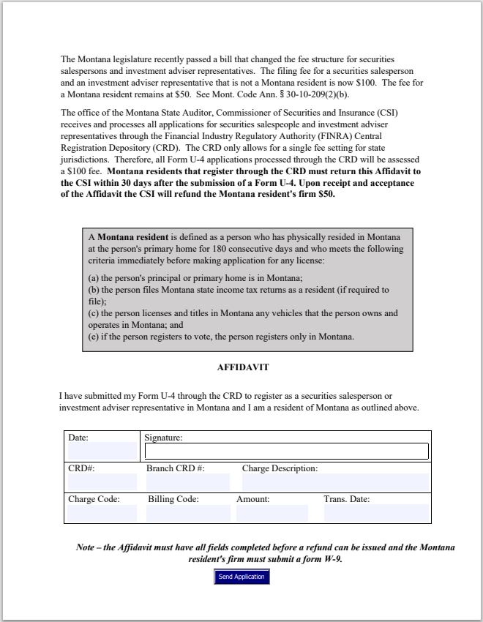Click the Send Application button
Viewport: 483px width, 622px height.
[241, 577]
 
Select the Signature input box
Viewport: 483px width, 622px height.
[286, 451]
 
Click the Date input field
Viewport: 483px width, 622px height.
[102, 451]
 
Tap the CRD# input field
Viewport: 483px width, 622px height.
[102, 482]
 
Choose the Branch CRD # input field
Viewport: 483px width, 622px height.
[187, 482]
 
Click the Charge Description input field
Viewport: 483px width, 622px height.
[334, 482]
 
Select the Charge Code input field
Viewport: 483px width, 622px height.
[102, 513]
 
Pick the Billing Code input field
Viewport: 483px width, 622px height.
[187, 513]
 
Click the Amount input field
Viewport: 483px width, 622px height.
[272, 513]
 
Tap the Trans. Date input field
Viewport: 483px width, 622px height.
[375, 513]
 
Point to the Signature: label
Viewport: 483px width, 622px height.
[163, 438]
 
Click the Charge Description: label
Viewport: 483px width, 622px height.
[280, 468]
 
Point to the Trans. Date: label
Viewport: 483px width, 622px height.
[346, 499]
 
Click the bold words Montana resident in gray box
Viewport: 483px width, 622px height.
[132, 238]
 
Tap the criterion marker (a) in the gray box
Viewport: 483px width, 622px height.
[94, 278]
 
